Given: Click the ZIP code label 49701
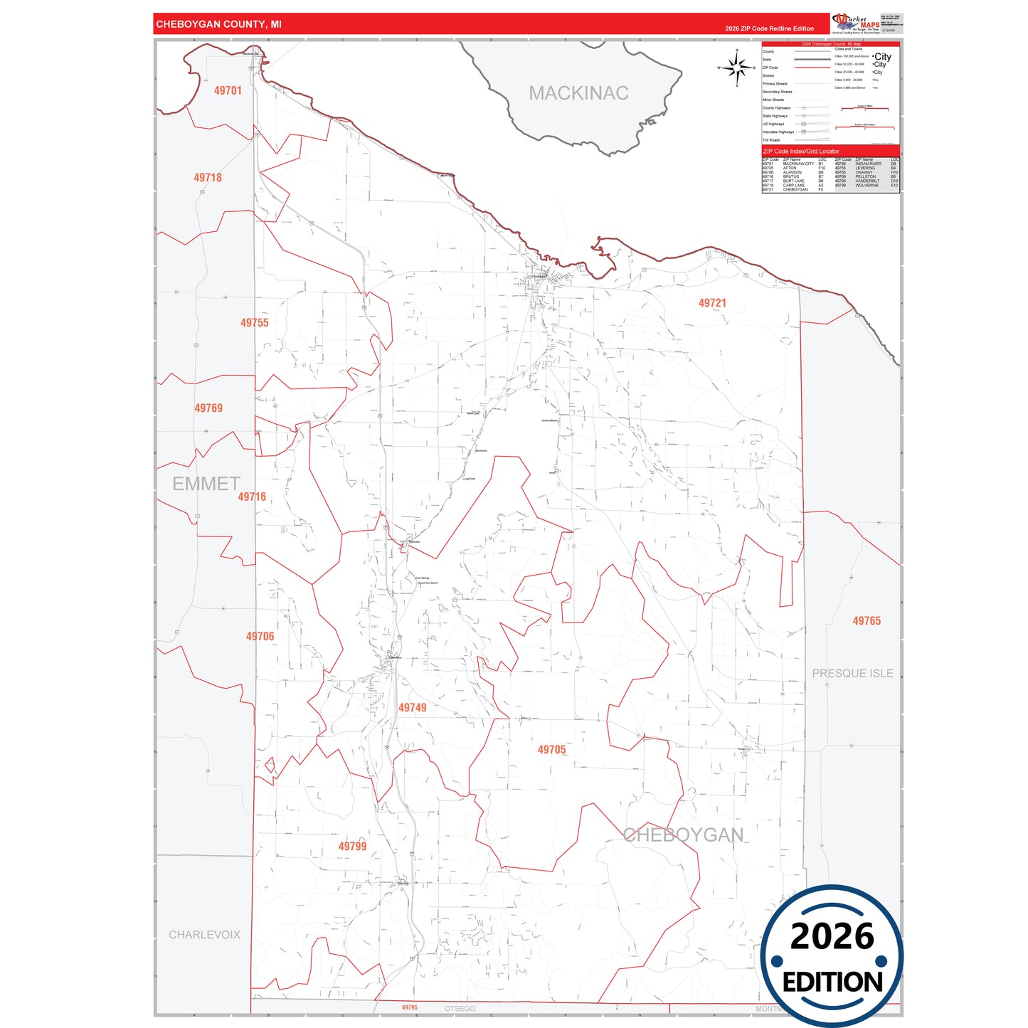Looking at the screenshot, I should [228, 91].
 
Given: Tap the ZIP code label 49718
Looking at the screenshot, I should [208, 178].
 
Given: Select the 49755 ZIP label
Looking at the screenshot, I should [255, 323].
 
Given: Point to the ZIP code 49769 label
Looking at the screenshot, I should [208, 408].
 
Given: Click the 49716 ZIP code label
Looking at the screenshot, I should [252, 497].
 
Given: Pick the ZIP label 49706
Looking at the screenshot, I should [260, 637].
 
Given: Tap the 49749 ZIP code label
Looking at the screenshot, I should [413, 708].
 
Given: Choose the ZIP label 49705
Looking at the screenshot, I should [551, 750].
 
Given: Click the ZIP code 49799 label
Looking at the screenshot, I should [352, 847].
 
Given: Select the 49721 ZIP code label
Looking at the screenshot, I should [712, 303].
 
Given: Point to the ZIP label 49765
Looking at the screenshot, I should [867, 621].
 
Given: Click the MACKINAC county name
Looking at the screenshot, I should [578, 93].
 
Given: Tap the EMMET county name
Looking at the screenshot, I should [206, 484].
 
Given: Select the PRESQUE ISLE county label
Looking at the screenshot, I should [852, 674].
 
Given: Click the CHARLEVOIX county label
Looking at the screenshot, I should [204, 935].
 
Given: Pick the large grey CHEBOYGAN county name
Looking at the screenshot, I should [683, 835].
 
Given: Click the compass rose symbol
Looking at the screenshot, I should [737, 68].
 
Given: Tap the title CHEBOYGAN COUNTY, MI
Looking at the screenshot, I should [218, 24].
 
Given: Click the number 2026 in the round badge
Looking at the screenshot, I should [832, 936].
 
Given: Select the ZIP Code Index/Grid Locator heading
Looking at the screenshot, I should [801, 152].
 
